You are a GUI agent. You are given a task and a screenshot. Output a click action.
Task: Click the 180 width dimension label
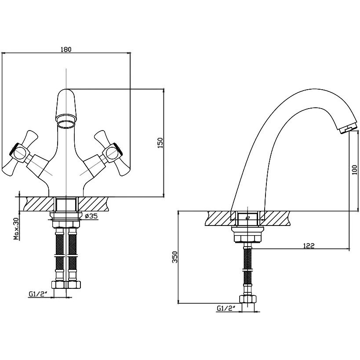point(66,49)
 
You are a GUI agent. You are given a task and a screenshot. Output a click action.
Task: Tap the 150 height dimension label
point(160,142)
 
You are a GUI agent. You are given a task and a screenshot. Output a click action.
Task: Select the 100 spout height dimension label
point(354,170)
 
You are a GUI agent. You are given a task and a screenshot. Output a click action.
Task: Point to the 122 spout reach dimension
point(309,245)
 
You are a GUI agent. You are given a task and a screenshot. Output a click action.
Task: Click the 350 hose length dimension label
point(175,257)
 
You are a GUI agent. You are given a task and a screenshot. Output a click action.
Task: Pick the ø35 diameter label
point(91,216)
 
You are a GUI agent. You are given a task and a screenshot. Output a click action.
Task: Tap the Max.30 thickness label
point(16,229)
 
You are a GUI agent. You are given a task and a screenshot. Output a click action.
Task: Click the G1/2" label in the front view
point(38,294)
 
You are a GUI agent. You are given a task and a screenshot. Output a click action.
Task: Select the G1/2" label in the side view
point(226,308)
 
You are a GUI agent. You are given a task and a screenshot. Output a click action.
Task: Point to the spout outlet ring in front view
point(66,124)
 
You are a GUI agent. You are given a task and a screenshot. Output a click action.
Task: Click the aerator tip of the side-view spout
point(347,129)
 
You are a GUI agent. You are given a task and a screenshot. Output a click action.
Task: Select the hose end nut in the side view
point(247,299)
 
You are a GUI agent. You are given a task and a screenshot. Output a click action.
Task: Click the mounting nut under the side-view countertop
point(247,235)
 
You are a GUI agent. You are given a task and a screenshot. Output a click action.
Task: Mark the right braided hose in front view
point(73,255)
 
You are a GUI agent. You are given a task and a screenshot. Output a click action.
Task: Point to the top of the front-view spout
point(66,89)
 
